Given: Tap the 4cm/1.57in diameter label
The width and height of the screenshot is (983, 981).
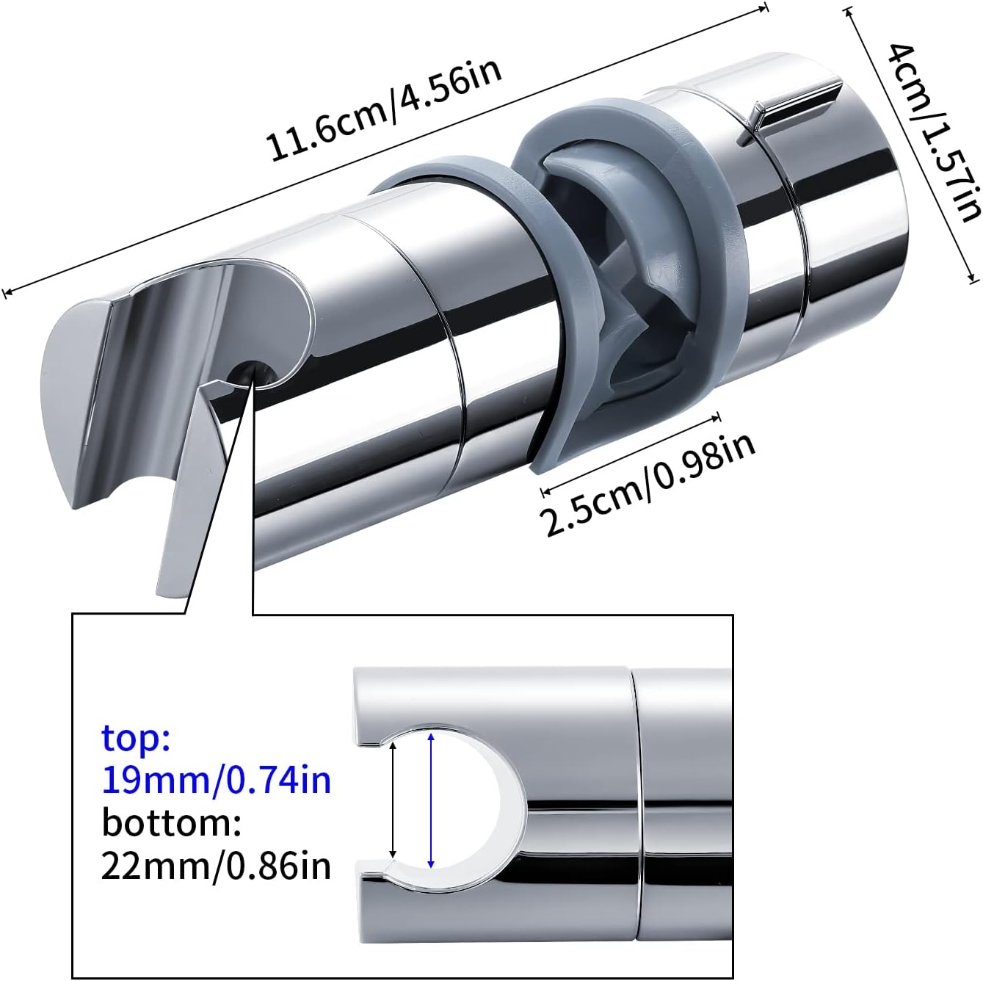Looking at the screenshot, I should click(x=932, y=132).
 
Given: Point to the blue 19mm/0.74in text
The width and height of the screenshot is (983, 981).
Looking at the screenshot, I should click(x=216, y=780).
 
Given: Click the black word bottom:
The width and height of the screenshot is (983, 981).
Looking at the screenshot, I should click(x=172, y=822).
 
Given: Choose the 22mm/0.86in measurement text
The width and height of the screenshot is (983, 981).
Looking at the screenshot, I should click(x=216, y=866).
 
